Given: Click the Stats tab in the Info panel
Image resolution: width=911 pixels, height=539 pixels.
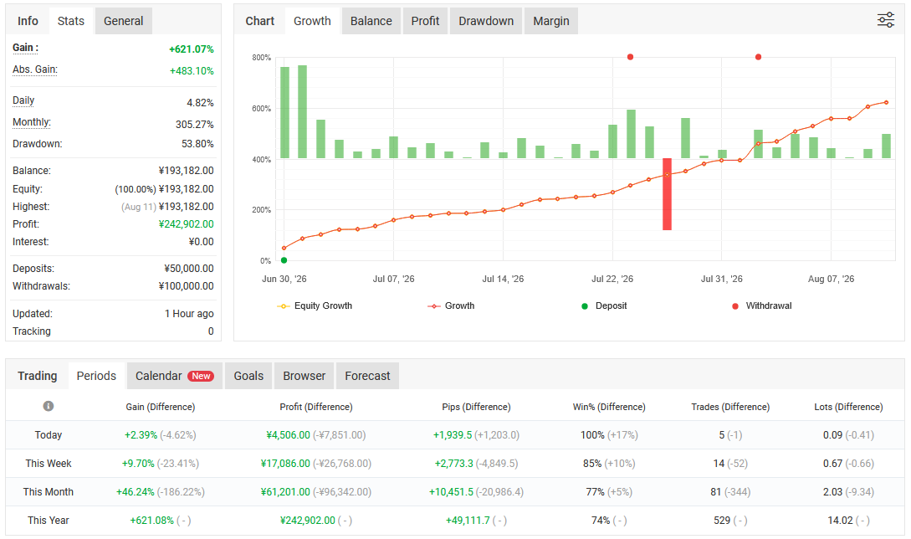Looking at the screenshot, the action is pyautogui.click(x=71, y=21).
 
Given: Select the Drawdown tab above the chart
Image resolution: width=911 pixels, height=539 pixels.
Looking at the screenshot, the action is pyautogui.click(x=486, y=21).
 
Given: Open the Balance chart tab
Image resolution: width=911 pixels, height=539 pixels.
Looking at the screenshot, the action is pyautogui.click(x=371, y=21).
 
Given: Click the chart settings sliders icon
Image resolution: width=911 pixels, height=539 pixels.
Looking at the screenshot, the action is pyautogui.click(x=885, y=20).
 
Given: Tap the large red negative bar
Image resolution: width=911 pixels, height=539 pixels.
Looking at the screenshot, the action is pyautogui.click(x=667, y=194).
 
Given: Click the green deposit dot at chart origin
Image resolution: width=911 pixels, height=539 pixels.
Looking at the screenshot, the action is pyautogui.click(x=284, y=260).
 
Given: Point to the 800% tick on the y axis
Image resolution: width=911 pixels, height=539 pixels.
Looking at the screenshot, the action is pyautogui.click(x=262, y=58).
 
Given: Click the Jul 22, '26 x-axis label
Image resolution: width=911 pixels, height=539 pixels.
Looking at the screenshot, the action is pyautogui.click(x=612, y=279).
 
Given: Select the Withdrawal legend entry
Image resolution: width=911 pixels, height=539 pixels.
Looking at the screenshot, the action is pyautogui.click(x=762, y=305).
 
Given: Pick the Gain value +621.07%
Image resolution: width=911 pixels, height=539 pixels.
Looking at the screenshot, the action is pyautogui.click(x=191, y=49).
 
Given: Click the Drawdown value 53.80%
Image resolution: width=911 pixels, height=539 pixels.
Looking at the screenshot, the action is pyautogui.click(x=197, y=144).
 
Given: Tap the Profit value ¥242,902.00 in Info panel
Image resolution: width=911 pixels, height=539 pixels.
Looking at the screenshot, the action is pyautogui.click(x=186, y=223).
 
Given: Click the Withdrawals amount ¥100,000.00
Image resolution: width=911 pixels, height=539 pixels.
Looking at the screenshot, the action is pyautogui.click(x=186, y=286).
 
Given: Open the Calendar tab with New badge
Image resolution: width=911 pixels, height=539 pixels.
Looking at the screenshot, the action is pyautogui.click(x=174, y=376).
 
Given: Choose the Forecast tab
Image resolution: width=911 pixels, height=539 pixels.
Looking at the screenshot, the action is pyautogui.click(x=367, y=376).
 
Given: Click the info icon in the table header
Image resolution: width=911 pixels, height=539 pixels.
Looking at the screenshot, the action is pyautogui.click(x=49, y=406).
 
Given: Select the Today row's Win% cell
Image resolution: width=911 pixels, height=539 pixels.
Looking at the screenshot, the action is pyautogui.click(x=609, y=435).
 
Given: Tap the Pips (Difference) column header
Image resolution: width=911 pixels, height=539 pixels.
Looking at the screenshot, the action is pyautogui.click(x=476, y=407).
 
